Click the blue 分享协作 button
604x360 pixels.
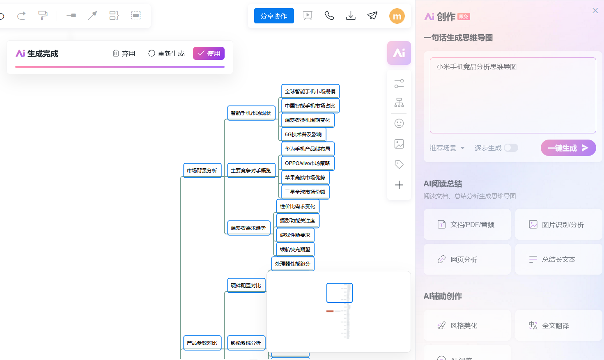click(x=274, y=16)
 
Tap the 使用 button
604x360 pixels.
click(x=209, y=53)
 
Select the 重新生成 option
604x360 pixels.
click(x=166, y=53)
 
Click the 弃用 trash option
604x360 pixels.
click(x=124, y=53)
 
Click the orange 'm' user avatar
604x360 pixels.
click(x=397, y=16)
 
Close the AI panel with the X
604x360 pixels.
click(x=595, y=11)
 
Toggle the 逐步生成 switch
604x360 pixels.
click(x=511, y=148)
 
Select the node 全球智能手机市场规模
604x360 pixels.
click(x=310, y=92)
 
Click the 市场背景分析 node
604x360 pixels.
click(x=202, y=170)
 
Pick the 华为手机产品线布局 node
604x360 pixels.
click(x=307, y=149)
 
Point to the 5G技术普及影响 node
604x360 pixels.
click(x=303, y=135)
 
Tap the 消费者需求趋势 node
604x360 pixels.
click(x=248, y=228)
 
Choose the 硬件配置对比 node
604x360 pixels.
click(x=246, y=285)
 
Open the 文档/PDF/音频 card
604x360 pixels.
click(x=467, y=225)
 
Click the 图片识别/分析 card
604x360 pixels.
click(x=558, y=225)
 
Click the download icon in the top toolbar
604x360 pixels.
click(x=351, y=16)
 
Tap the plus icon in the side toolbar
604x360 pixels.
click(x=399, y=185)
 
